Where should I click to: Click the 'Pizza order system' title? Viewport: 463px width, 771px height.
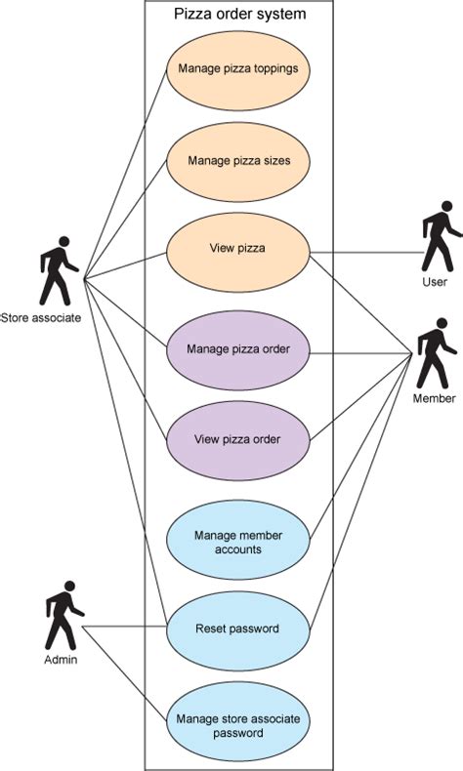(239, 14)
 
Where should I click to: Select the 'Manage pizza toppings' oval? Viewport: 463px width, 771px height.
(238, 69)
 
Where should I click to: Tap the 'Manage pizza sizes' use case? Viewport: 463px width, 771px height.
(238, 161)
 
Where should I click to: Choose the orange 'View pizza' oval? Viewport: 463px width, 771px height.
(238, 252)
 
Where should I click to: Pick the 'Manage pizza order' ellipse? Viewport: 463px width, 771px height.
(238, 350)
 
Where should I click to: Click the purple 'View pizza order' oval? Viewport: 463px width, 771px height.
(238, 440)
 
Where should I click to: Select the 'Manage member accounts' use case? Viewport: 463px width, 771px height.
(238, 540)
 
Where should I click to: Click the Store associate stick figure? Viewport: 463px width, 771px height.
(58, 271)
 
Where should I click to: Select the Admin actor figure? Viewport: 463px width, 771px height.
(63, 616)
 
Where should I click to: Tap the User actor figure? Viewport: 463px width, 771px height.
(439, 236)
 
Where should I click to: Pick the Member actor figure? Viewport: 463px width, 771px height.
(436, 354)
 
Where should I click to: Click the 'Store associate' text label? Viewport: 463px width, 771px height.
(41, 317)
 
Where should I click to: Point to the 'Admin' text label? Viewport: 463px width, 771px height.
(61, 660)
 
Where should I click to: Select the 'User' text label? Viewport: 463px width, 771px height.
(435, 282)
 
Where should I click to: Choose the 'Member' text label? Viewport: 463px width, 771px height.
(434, 398)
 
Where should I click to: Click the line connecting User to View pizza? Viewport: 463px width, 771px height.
(366, 253)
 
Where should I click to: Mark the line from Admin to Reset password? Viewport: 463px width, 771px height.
(124, 627)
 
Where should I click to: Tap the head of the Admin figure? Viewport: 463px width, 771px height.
(70, 587)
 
